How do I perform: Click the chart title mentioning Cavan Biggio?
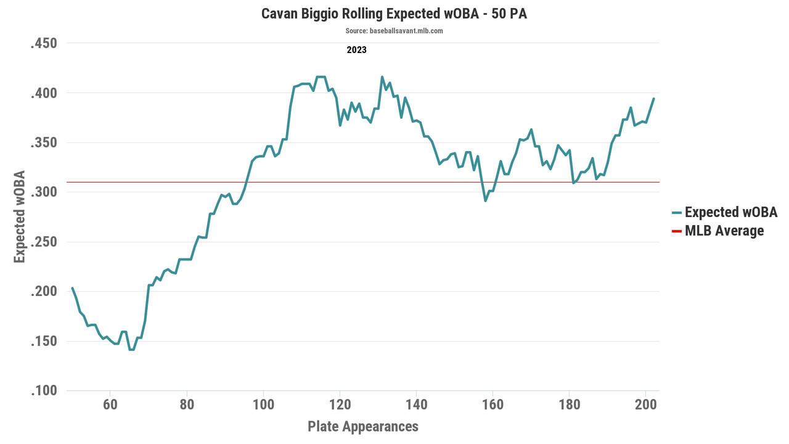tap(394, 14)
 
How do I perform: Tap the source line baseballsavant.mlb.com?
tap(394, 31)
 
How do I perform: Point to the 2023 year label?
tap(356, 50)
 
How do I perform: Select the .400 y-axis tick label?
tap(44, 93)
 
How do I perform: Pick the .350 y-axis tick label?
tap(44, 142)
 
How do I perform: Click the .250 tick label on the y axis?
tap(44, 242)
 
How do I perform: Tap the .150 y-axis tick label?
tap(44, 341)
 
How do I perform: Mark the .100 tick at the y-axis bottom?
tap(44, 391)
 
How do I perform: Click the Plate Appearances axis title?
tap(362, 426)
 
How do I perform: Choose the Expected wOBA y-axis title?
tap(20, 217)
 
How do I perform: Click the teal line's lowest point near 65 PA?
tap(131, 350)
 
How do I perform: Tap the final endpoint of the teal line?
tap(653, 99)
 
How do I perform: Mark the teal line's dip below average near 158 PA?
tap(486, 200)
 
